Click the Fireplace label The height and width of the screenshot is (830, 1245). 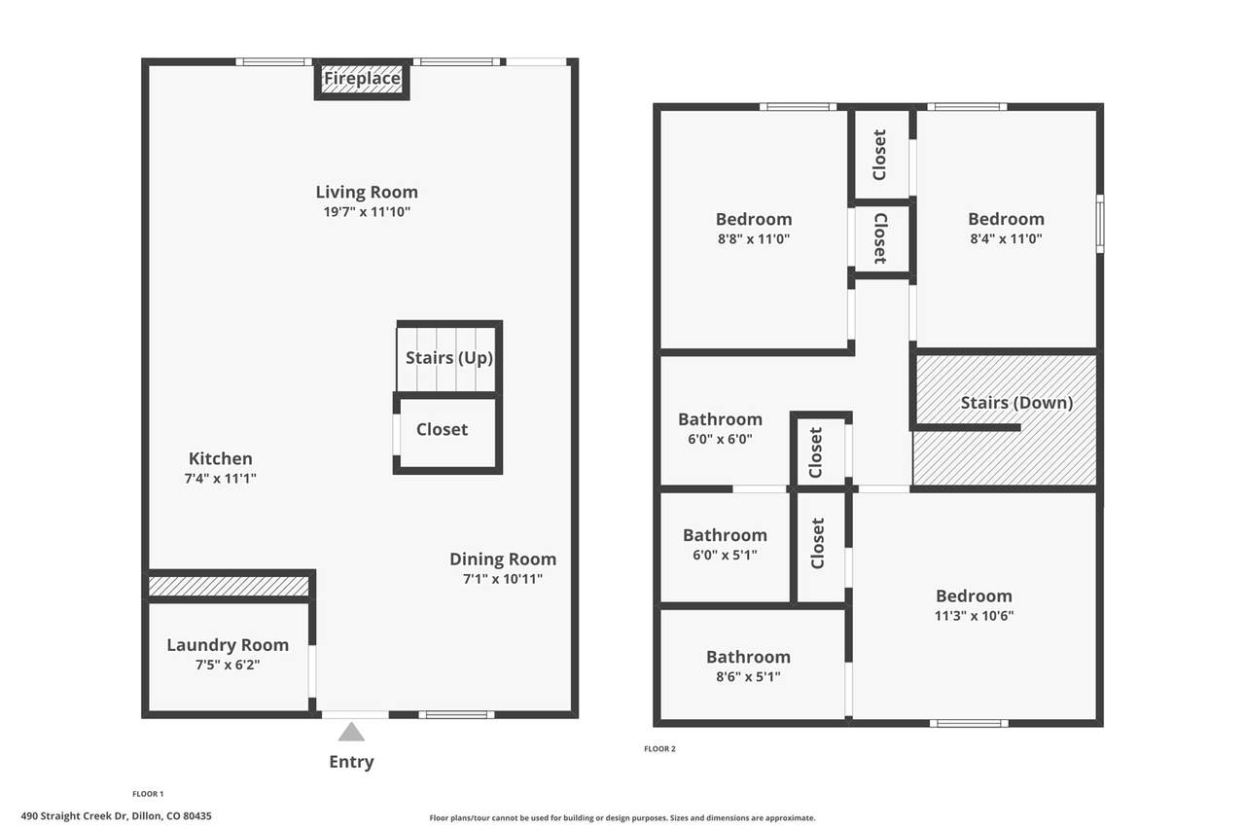click(362, 79)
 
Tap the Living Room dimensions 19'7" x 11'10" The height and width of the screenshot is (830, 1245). click(367, 212)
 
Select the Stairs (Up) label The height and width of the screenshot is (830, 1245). click(449, 358)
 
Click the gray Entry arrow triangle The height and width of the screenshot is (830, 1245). click(351, 732)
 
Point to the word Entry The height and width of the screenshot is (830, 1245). click(351, 762)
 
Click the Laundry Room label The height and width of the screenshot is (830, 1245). click(228, 645)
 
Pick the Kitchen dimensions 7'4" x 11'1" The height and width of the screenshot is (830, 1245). click(220, 479)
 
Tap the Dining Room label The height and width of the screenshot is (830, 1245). click(503, 559)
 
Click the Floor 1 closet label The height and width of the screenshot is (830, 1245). click(442, 430)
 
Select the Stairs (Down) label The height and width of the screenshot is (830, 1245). click(1016, 403)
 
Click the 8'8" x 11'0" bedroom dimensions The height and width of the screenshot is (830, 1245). click(754, 239)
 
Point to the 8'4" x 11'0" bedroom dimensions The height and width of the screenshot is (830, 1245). click(1006, 239)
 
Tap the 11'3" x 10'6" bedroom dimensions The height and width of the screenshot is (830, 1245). click(974, 616)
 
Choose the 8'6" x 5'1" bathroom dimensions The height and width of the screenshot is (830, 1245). click(748, 677)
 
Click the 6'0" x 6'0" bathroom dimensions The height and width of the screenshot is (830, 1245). click(720, 439)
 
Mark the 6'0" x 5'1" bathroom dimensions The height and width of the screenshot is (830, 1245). click(725, 556)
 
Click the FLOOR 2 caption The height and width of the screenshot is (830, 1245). click(659, 749)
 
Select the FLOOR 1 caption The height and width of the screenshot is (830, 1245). click(148, 794)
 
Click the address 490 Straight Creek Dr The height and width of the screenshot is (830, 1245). click(75, 816)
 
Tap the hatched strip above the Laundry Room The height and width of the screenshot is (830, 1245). click(229, 586)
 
